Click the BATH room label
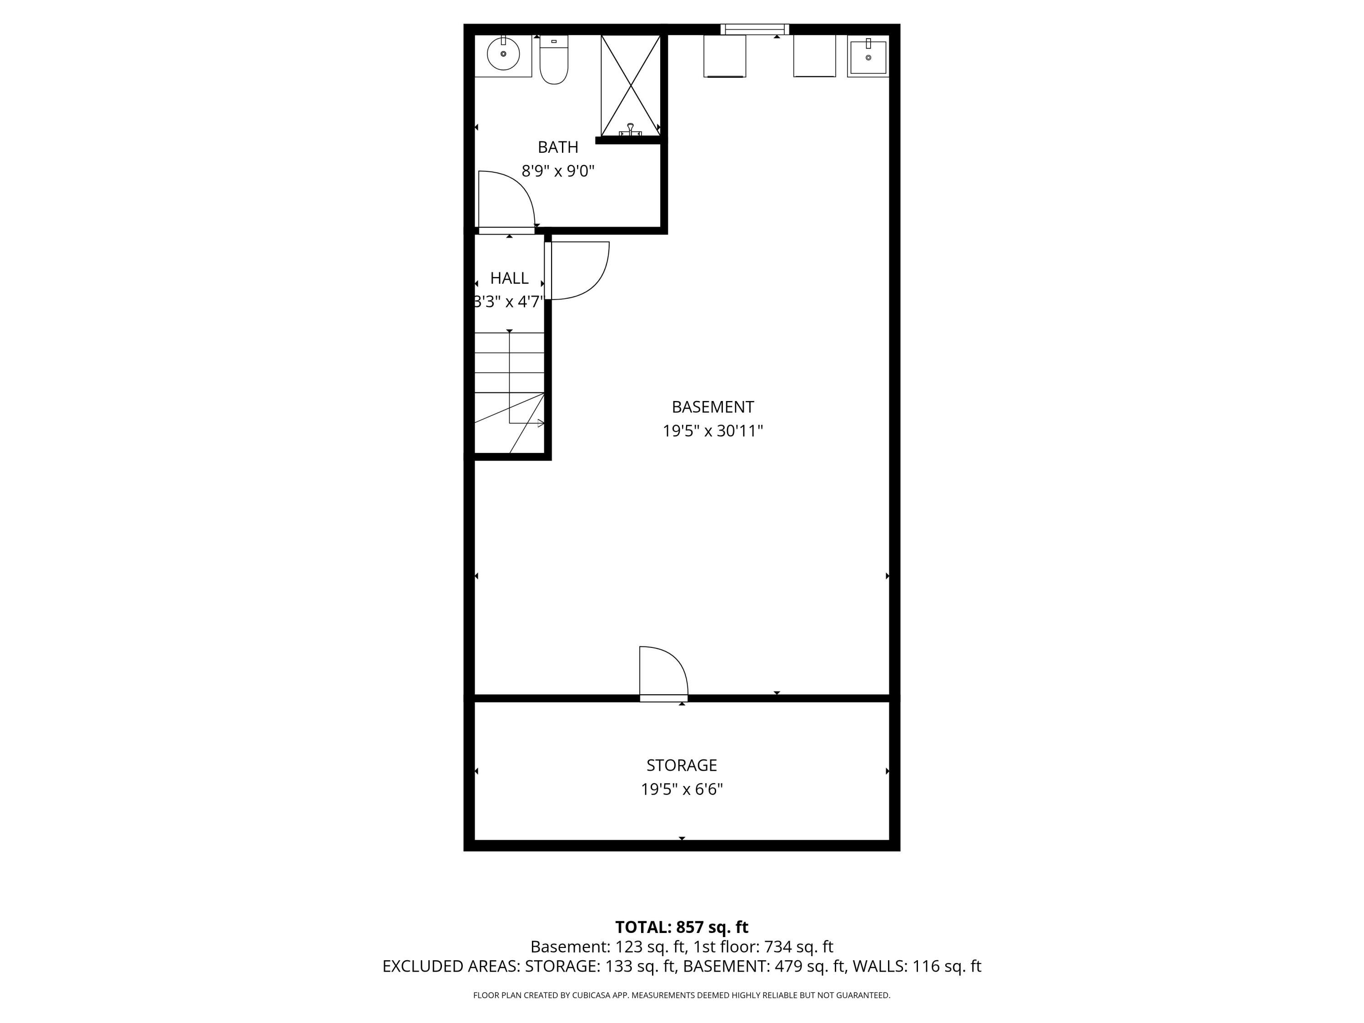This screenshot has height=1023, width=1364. tap(557, 147)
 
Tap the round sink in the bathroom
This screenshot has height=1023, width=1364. tap(503, 54)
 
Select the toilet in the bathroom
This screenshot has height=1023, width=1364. tap(554, 60)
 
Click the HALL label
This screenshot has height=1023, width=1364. tap(509, 278)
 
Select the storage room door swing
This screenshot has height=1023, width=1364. tap(663, 673)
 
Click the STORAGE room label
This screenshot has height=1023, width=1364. tap(682, 765)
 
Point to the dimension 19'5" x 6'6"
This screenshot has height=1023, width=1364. tap(682, 789)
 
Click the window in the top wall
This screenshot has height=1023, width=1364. tap(755, 29)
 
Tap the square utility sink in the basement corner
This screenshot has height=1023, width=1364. tap(868, 56)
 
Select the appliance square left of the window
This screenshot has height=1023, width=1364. tap(725, 56)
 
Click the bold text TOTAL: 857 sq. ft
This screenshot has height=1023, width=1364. tap(682, 927)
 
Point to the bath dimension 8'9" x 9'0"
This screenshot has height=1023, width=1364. tap(557, 171)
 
